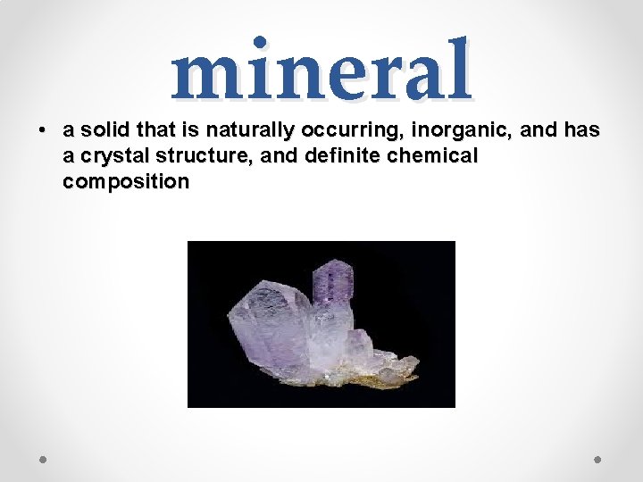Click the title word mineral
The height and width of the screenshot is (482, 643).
(321, 71)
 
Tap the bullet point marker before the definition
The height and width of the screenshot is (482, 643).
(43, 130)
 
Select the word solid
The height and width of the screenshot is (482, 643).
(106, 130)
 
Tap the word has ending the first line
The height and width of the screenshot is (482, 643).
(582, 130)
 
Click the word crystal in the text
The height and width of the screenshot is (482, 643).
(114, 156)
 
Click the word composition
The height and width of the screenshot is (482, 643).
(126, 182)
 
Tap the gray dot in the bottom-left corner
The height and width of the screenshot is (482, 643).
(44, 460)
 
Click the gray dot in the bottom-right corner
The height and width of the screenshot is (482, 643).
(598, 460)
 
